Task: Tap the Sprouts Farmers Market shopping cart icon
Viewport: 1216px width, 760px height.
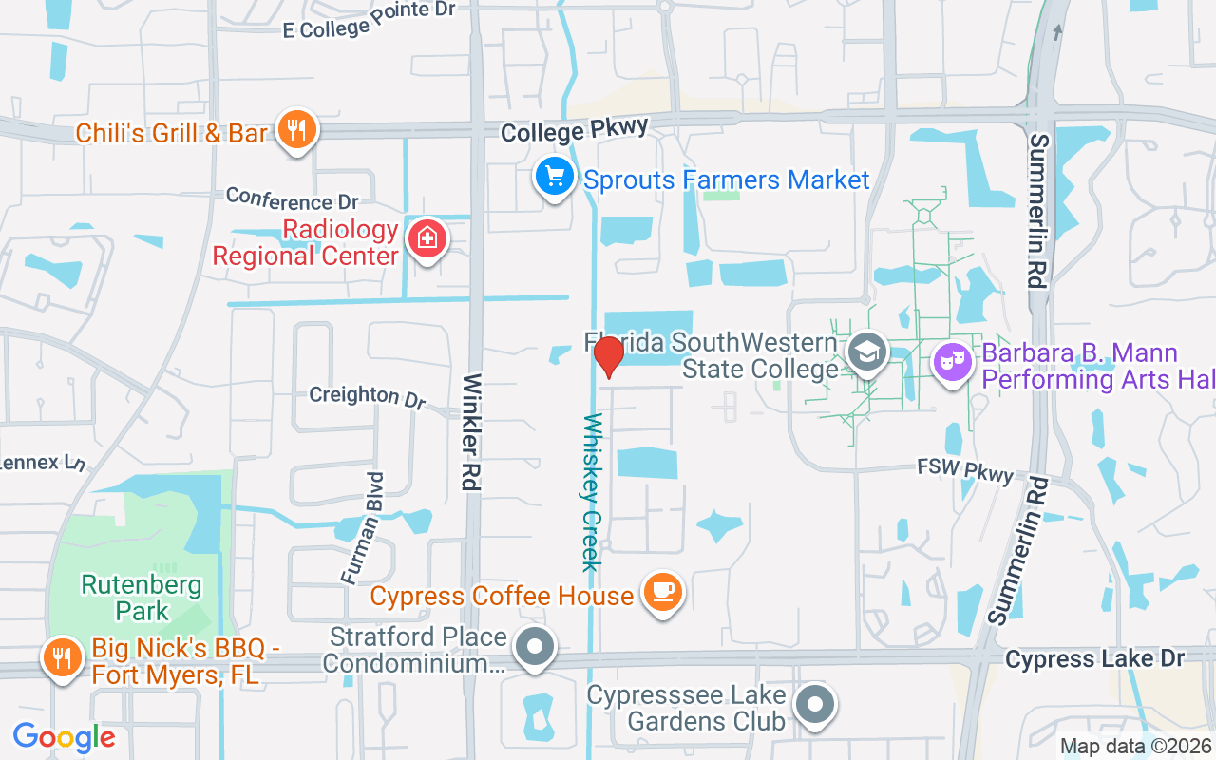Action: coord(555,177)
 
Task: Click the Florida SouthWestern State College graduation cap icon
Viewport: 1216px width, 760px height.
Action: coord(865,352)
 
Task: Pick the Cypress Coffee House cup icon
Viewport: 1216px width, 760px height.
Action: coord(662,593)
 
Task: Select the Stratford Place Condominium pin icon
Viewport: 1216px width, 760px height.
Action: coord(534,649)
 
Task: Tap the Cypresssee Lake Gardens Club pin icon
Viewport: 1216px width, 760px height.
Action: coord(814,705)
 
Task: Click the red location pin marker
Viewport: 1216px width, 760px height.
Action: coord(608,357)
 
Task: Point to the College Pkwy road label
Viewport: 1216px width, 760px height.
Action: coord(574,129)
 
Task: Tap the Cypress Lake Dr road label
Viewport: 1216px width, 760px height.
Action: coord(1094,658)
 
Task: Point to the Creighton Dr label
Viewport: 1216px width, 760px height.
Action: coord(368,395)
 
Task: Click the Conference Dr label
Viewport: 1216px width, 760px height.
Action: coord(293,201)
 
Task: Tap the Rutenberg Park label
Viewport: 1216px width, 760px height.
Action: coord(142,597)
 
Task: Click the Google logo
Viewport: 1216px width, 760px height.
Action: coord(64,736)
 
